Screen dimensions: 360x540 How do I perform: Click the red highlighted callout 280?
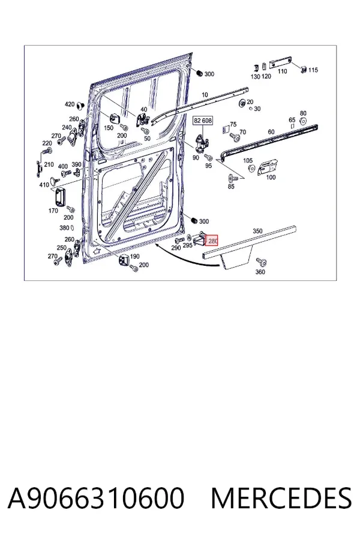pos(212,241)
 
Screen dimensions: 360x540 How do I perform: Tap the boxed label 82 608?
pos(203,121)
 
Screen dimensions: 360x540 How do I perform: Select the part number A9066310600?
pos(96,498)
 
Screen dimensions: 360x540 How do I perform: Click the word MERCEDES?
pos(281,498)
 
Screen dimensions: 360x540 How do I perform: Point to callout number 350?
pos(257,231)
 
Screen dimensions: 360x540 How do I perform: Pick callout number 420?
pos(70,104)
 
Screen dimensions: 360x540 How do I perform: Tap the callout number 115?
pos(313,70)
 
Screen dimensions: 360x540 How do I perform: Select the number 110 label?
pos(282,71)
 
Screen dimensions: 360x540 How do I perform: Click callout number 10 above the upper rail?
pos(205,95)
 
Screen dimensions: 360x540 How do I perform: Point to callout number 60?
pos(271,132)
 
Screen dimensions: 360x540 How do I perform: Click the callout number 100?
pos(271,178)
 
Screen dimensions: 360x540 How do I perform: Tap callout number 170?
pos(53,211)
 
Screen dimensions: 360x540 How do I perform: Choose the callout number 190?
pos(134,256)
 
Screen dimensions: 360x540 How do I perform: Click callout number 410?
pos(44,185)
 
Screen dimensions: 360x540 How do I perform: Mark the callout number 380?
pos(64,227)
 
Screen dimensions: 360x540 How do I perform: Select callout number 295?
pos(187,245)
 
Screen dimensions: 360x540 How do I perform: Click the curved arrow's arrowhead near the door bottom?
pos(157,245)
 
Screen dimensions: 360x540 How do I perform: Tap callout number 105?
pos(248,160)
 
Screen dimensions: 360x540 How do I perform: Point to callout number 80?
pos(303,113)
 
